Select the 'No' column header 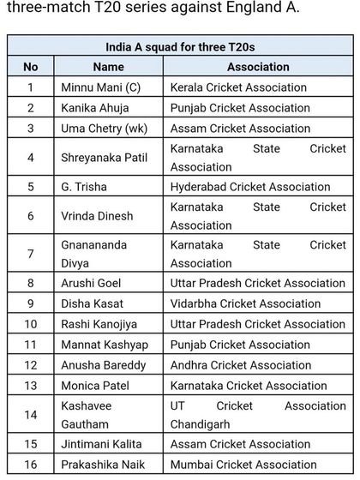coord(31,66)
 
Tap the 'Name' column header coord(109,66)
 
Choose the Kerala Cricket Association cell coord(238,87)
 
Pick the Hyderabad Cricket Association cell coord(250,186)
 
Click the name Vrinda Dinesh coord(97,216)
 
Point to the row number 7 coord(31,255)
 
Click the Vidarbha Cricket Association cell coord(245,303)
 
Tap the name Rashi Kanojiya coord(100,324)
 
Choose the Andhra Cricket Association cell coord(241,365)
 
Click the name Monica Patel coord(94,386)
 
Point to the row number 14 coord(31,415)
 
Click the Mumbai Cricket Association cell coord(240,465)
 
